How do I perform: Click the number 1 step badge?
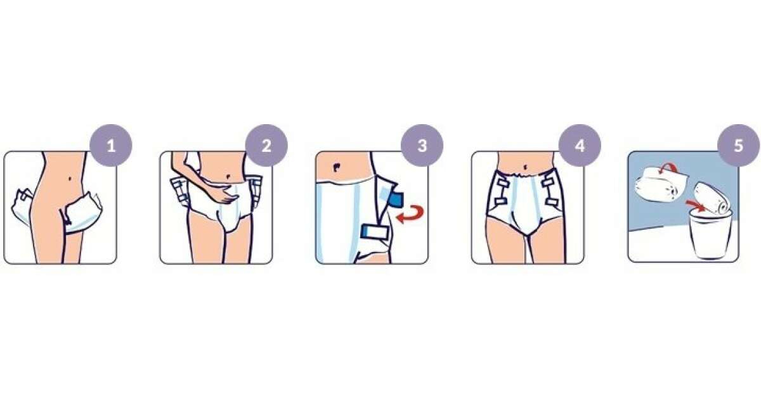(x=111, y=146)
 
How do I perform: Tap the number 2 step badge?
(x=266, y=146)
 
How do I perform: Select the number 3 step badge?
(x=422, y=146)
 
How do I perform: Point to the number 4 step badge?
(x=580, y=146)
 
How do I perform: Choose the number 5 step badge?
(x=739, y=146)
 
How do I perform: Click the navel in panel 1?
(x=70, y=179)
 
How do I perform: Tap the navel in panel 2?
(x=228, y=177)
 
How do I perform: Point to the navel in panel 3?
(x=336, y=168)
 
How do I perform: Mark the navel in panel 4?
(x=526, y=167)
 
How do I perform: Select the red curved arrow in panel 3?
(x=410, y=214)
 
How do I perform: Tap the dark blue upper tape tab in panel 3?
(x=396, y=199)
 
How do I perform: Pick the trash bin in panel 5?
(x=710, y=235)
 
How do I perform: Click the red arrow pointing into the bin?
(x=695, y=206)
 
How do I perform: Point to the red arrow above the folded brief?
(x=667, y=168)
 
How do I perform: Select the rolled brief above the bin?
(x=712, y=199)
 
